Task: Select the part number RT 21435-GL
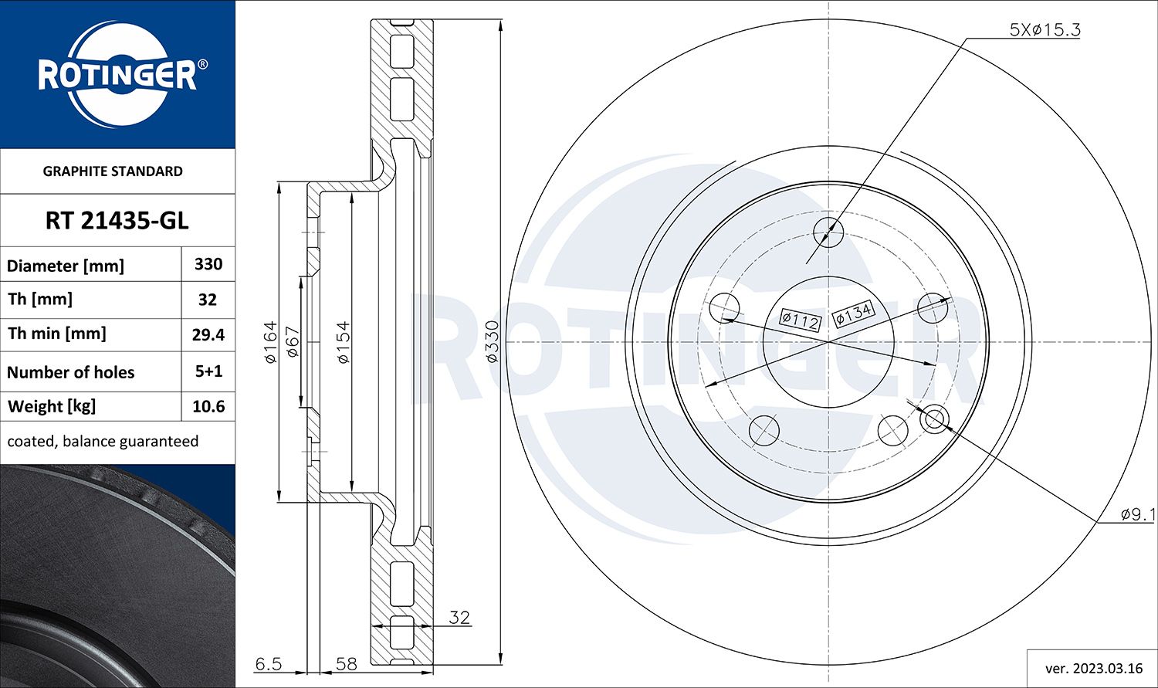click(x=117, y=221)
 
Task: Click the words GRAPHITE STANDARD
click(x=113, y=171)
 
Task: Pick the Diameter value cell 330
click(x=208, y=264)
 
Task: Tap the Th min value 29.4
click(x=208, y=334)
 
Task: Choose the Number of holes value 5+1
click(x=208, y=371)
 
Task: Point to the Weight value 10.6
click(x=208, y=406)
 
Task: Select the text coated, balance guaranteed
click(x=103, y=442)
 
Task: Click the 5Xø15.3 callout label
click(x=1045, y=30)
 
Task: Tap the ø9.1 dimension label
click(x=1137, y=513)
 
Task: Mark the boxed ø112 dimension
click(x=800, y=320)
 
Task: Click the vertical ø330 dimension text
click(x=492, y=341)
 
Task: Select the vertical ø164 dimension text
click(x=269, y=342)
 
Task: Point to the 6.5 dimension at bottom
click(x=269, y=664)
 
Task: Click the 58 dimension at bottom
click(x=347, y=664)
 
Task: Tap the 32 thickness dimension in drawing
click(x=459, y=618)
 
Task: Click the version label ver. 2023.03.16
click(x=1092, y=668)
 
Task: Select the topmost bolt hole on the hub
click(x=828, y=232)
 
